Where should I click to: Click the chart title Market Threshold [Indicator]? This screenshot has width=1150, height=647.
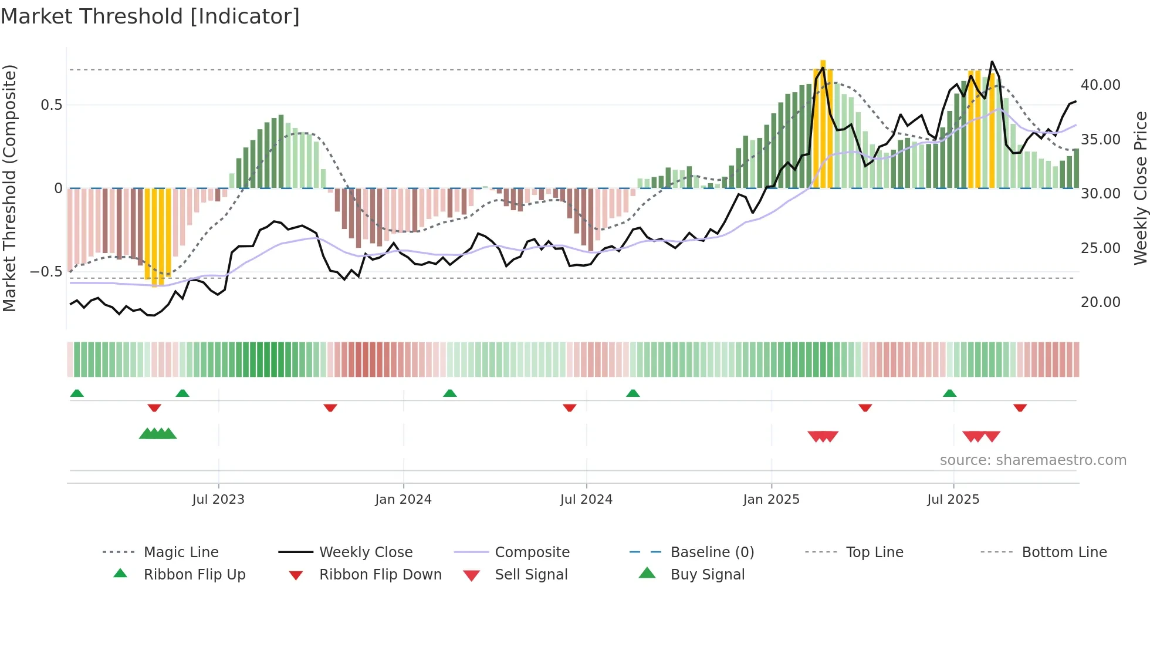click(x=150, y=16)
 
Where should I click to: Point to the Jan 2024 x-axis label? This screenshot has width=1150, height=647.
click(x=403, y=499)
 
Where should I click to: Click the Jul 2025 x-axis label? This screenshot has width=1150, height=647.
click(x=953, y=499)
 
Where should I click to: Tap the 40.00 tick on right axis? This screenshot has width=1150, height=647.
click(x=1100, y=85)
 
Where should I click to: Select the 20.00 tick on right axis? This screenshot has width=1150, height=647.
click(x=1100, y=302)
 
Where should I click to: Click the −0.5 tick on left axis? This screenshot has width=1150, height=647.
click(x=46, y=272)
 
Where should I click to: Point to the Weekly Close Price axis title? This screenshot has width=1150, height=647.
click(x=1140, y=188)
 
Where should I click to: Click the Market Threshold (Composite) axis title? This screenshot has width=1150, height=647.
click(x=9, y=188)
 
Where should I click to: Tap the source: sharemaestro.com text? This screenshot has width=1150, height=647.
click(x=1033, y=460)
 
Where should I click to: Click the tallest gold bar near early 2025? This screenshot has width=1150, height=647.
click(x=823, y=123)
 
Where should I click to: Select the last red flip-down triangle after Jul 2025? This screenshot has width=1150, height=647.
click(x=1020, y=407)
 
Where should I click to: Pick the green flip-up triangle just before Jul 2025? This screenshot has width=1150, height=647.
click(x=949, y=393)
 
